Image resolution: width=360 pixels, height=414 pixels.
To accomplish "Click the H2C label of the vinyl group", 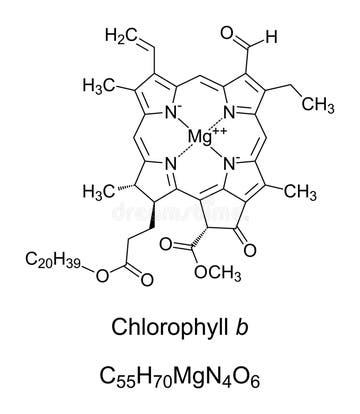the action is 119,36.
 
